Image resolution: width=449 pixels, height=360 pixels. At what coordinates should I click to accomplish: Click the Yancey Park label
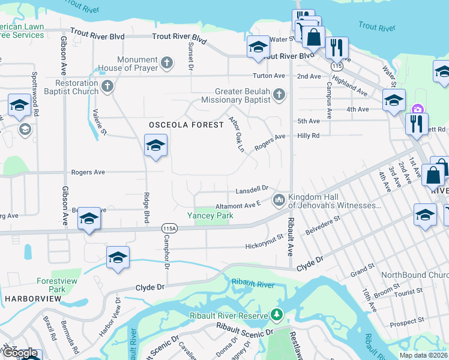click(210, 215)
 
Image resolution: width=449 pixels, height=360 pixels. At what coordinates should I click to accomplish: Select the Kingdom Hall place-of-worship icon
click(279, 199)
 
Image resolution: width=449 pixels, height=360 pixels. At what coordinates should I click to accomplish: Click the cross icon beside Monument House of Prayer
click(167, 62)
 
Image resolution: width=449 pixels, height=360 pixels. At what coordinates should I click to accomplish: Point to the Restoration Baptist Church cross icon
click(107, 86)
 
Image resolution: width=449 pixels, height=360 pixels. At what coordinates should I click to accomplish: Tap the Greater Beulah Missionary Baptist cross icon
click(279, 94)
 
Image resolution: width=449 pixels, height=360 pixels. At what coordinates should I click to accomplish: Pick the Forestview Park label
click(51, 284)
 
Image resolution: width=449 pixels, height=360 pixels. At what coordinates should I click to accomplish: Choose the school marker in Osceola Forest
click(155, 146)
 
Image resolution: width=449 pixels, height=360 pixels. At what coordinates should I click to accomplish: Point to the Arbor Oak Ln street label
click(237, 134)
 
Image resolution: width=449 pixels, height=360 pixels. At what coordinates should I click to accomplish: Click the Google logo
click(19, 353)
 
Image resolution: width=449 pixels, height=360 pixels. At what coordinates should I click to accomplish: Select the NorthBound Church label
click(415, 275)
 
